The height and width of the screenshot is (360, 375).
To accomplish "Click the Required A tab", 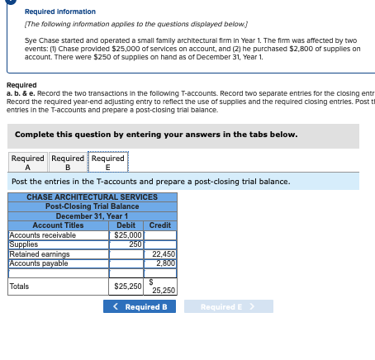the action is (x=28, y=163).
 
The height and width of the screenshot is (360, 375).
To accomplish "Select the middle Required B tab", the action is (x=68, y=163).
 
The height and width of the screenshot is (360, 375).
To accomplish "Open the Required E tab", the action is (x=108, y=163).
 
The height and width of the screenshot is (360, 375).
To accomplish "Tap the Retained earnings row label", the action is (x=39, y=254).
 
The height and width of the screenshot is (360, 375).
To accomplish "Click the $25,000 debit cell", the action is (x=126, y=235).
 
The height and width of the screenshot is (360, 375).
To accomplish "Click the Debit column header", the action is (x=126, y=225).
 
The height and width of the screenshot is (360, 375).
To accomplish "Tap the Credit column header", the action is (x=160, y=225).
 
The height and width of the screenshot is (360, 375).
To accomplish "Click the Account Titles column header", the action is (x=58, y=225).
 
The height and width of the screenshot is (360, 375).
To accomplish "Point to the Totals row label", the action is (x=19, y=287).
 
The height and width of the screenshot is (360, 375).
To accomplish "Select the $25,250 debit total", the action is (x=126, y=287).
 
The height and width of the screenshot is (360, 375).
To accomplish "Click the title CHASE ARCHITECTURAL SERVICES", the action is (x=92, y=197).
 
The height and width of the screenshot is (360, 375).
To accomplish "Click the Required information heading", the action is (x=59, y=12).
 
